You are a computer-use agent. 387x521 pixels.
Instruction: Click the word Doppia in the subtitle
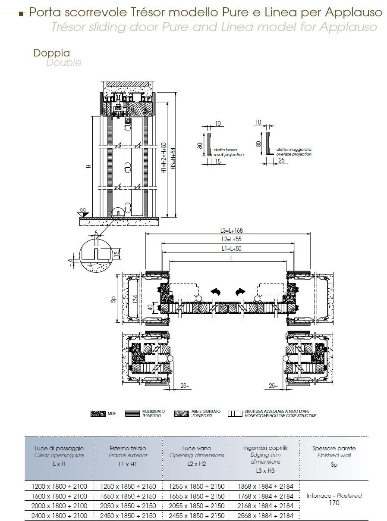52,53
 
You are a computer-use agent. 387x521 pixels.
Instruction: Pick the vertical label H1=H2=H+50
164,159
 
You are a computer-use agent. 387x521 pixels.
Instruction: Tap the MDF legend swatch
98,414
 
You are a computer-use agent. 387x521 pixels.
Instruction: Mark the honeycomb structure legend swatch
235,414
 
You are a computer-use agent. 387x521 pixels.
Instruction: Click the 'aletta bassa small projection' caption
229,152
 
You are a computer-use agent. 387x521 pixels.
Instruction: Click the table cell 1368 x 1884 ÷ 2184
265,486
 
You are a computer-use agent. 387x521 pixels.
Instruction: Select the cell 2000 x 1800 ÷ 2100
59,505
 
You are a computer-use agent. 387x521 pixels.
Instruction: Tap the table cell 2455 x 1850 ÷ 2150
197,515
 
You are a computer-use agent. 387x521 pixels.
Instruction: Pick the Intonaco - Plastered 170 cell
334,499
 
